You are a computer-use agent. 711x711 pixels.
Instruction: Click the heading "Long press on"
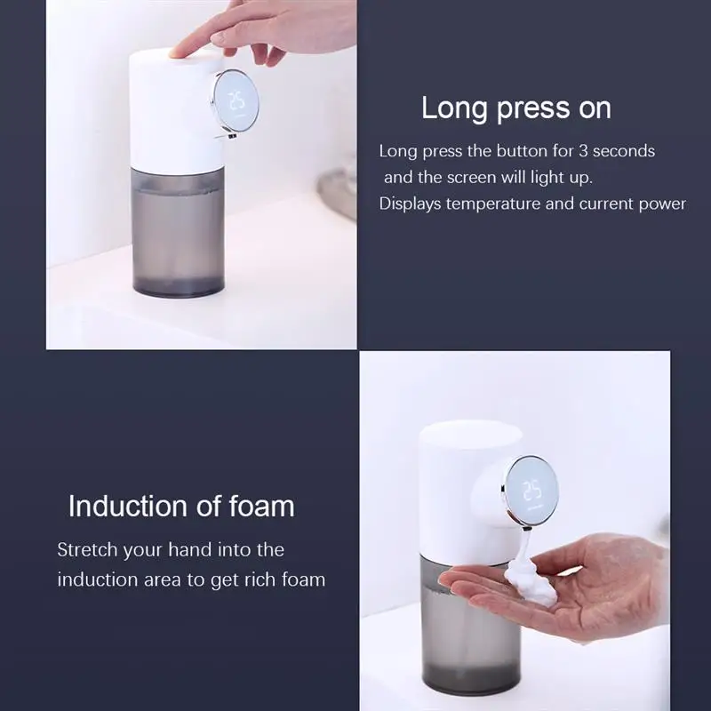coord(515,108)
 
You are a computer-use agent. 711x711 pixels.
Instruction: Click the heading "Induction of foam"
coord(181,507)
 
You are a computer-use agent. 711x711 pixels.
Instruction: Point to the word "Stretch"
coord(86,549)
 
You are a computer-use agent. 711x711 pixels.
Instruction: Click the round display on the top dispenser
coord(237,105)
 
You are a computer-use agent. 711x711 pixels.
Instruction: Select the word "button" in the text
coord(508,151)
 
